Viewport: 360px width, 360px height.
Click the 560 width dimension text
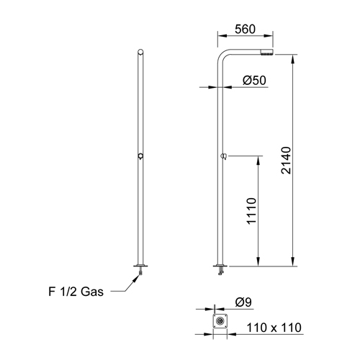[x=245, y=30]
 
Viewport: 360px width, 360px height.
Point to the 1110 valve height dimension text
[x=251, y=210]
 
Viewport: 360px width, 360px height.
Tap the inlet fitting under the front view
[x=140, y=270]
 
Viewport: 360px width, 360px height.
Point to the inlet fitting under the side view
[x=220, y=270]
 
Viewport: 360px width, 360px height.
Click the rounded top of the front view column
[x=140, y=52]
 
